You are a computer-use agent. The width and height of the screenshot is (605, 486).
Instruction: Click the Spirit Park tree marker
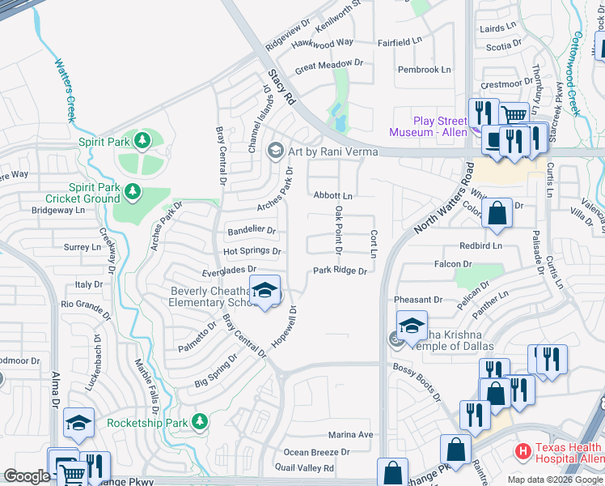pyautogui.click(x=142, y=141)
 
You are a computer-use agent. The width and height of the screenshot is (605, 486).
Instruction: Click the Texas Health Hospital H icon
pyautogui.click(x=523, y=449)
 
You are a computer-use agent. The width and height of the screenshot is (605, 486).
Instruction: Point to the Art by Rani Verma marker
pyautogui.click(x=276, y=148)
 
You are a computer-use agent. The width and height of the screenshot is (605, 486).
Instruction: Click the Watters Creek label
pyautogui.click(x=65, y=89)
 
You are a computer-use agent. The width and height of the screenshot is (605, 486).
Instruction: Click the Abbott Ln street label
pyautogui.click(x=332, y=196)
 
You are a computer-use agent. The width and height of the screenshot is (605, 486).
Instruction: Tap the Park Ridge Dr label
pyautogui.click(x=341, y=271)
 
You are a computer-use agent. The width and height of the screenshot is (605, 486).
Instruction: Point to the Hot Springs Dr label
pyautogui.click(x=252, y=251)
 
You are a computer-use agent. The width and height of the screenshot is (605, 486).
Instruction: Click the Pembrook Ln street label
pyautogui.click(x=424, y=70)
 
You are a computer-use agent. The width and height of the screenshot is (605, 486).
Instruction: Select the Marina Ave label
pyautogui.click(x=350, y=435)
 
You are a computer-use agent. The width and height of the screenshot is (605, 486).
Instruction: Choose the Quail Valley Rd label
pyautogui.click(x=306, y=468)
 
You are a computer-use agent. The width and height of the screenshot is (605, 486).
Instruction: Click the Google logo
pyautogui.click(x=27, y=476)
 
